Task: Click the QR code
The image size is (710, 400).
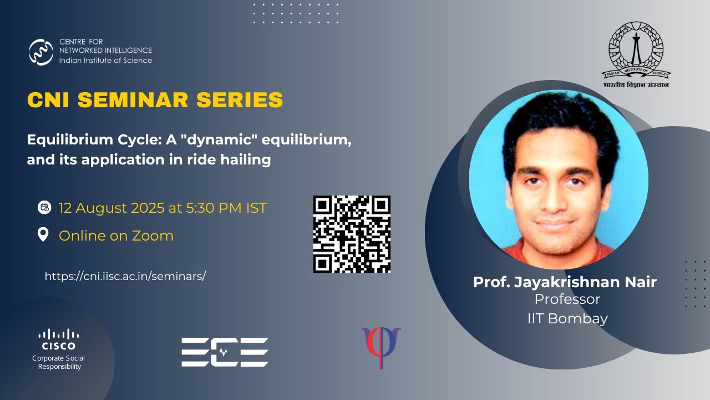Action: coord(352,234)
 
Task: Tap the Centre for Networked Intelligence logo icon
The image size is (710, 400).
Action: coord(41,52)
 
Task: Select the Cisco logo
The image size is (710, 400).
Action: coord(59,339)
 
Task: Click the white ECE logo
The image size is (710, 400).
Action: coord(225,352)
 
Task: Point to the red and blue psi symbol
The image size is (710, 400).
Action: coord(381,346)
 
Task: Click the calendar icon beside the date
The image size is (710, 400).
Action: coord(44,208)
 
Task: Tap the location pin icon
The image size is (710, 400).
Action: coord(43,235)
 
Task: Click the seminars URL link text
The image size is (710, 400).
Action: coord(125,276)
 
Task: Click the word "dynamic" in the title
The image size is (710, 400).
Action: coord(226,140)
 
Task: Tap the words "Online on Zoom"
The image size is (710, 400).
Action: coord(116,236)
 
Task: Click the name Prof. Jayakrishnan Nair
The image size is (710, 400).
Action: coord(565,282)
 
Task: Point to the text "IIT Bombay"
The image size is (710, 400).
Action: coord(567,318)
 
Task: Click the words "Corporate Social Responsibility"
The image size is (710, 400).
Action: coord(59,362)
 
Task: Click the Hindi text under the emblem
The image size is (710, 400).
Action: coord(636,85)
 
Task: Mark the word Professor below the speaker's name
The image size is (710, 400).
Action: coord(567,299)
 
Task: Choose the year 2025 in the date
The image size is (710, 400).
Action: coord(148,208)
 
